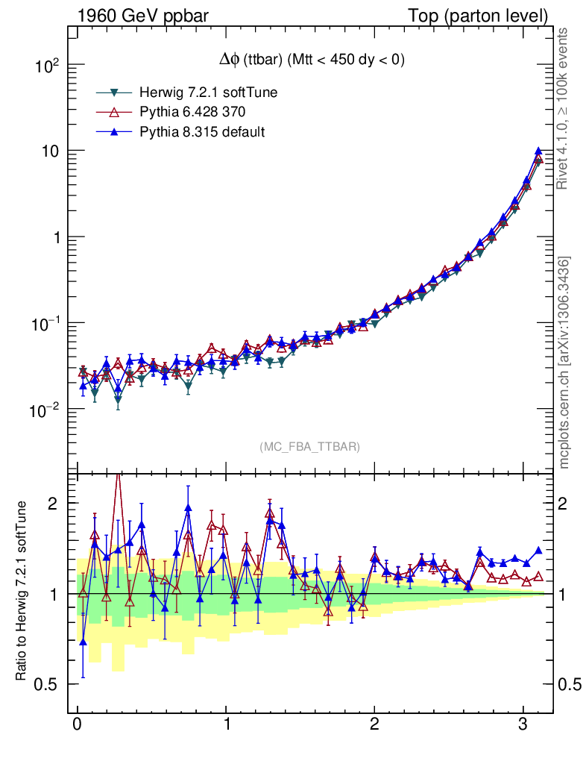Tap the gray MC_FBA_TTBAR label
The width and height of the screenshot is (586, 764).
[309, 447]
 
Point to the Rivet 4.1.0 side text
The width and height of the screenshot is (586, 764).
[564, 108]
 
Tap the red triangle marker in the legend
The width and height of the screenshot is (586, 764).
[115, 112]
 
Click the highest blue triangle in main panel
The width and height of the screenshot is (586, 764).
[538, 151]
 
